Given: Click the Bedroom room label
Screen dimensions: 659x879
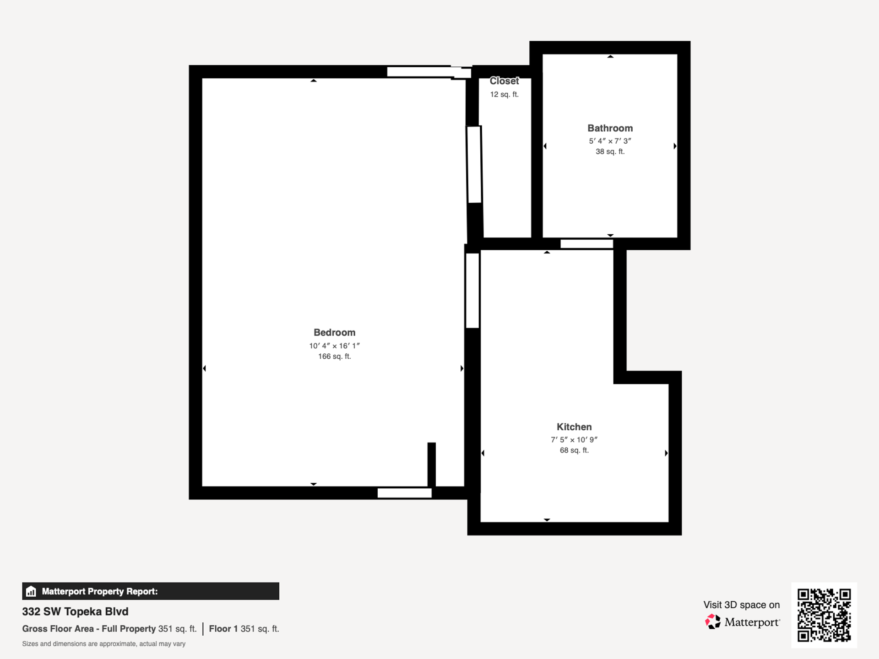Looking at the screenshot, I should point(334,333).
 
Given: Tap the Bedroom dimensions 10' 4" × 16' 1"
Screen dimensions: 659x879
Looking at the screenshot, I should point(334,346).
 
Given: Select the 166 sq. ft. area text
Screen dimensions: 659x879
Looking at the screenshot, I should point(334,357).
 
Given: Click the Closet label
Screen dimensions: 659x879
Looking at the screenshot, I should point(504,81).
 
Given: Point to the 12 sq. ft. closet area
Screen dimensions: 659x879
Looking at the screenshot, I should point(504,95).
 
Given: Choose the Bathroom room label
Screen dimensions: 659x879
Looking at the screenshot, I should point(610,128).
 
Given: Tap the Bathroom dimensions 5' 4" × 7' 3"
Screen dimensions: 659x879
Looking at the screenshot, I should point(610,141).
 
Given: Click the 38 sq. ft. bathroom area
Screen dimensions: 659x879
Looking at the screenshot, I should point(610,151).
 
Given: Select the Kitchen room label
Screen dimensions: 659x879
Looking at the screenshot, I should point(574,427).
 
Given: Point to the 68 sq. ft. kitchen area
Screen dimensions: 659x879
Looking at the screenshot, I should point(574,450).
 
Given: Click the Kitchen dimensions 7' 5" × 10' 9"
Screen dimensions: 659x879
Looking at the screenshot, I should point(574,440).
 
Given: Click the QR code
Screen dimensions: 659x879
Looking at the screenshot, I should point(824,615).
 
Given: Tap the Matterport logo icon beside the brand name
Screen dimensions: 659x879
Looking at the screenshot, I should point(712,621).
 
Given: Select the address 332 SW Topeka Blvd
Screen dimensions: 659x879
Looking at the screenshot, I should point(75,611).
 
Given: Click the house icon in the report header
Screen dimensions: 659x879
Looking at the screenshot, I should point(31,591).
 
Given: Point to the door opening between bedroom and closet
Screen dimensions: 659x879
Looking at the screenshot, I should point(474,165).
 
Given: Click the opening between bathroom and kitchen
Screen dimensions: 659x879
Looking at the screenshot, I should point(586,244).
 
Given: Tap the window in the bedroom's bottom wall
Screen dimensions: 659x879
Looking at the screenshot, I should point(404,493).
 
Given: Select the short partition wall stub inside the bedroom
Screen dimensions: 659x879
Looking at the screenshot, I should point(431,464).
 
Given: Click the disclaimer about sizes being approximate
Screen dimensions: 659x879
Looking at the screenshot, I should point(104,644).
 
